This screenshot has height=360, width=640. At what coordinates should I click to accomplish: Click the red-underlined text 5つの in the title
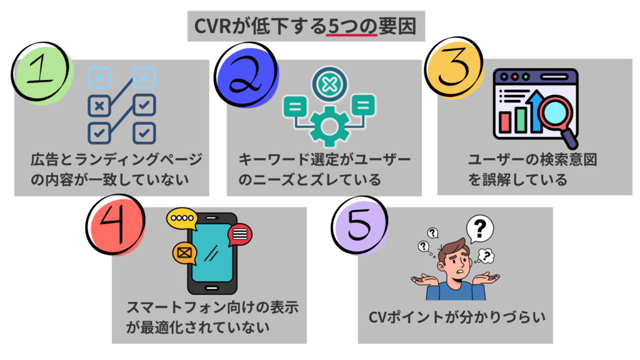pos(351,27)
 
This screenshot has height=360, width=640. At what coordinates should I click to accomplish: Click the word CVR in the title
pos(216,27)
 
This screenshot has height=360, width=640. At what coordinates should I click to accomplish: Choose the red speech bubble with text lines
pos(241,234)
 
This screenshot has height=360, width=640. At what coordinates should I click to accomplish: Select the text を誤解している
pos(518,181)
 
